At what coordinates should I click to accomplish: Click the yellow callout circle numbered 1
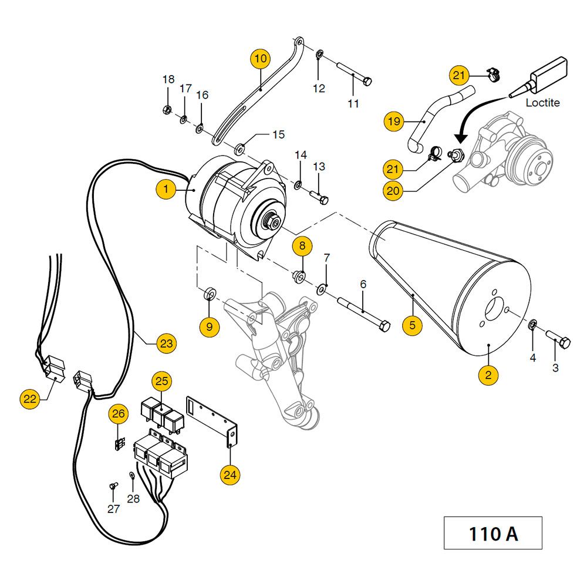[x=166, y=190]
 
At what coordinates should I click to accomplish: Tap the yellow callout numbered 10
[x=261, y=58]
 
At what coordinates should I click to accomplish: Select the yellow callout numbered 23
[x=166, y=343]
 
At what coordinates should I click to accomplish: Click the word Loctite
[x=542, y=103]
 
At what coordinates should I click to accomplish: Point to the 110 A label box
[x=492, y=533]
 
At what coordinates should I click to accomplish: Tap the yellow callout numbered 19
[x=394, y=122]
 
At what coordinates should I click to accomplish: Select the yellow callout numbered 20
[x=393, y=191]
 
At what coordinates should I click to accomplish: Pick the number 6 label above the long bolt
[x=363, y=285]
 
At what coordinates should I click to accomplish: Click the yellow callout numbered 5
[x=412, y=325]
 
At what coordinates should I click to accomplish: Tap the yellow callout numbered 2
[x=488, y=375]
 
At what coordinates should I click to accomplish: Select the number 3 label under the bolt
[x=555, y=367]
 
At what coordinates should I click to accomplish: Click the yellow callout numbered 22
[x=29, y=399]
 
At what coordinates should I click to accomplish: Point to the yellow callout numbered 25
[x=162, y=381]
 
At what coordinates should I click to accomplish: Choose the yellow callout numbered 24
[x=230, y=475]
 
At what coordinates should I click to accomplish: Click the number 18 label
[x=168, y=79]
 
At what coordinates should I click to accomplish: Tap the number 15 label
[x=278, y=134]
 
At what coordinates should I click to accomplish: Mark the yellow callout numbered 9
[x=210, y=326]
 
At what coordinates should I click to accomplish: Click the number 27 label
[x=113, y=509]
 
